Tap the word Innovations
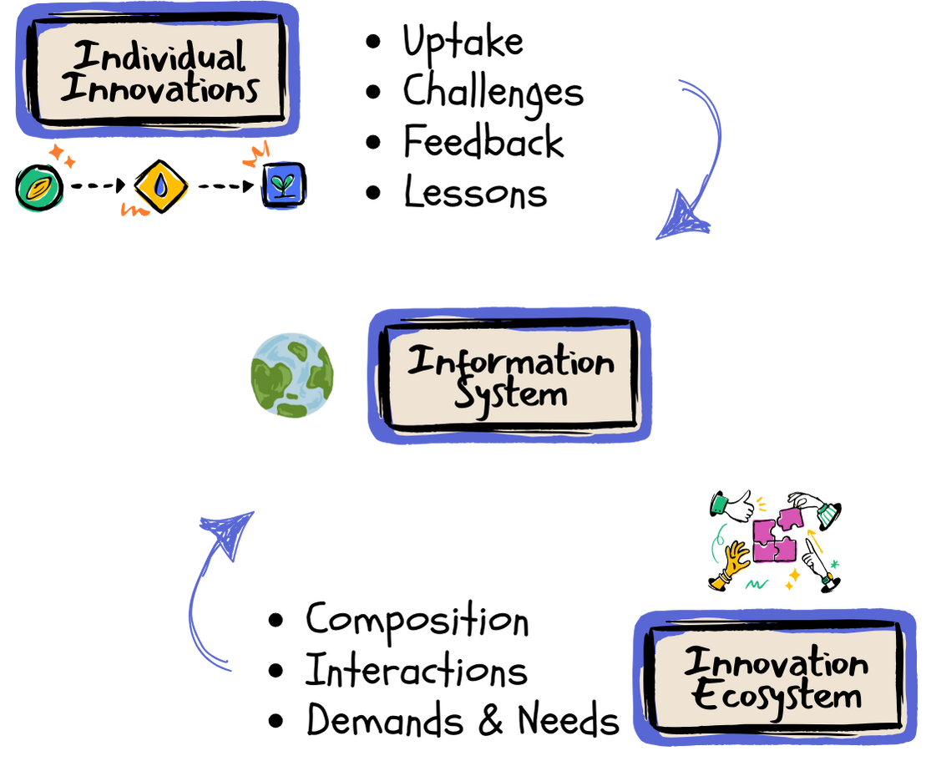[x=159, y=89]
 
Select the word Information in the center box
[x=510, y=362]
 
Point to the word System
[x=510, y=394]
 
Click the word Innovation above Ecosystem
[x=776, y=663]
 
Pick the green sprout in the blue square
[x=285, y=183]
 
